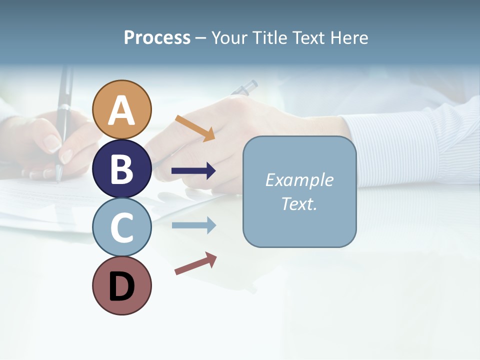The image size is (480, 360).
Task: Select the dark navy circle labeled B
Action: pyautogui.click(x=122, y=168)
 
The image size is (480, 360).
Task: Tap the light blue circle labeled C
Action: pyautogui.click(x=122, y=227)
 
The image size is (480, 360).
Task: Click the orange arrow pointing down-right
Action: pyautogui.click(x=195, y=128)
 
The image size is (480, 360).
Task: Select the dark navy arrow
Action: pyautogui.click(x=193, y=171)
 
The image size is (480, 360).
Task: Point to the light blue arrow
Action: pyautogui.click(x=193, y=225)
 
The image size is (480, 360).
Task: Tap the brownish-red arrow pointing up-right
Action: pyautogui.click(x=195, y=263)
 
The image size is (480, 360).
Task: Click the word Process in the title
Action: pyautogui.click(x=157, y=37)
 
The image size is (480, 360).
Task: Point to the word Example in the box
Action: pyautogui.click(x=299, y=180)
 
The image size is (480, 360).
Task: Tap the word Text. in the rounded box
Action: pyautogui.click(x=299, y=203)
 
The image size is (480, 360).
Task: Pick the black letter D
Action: pyautogui.click(x=122, y=286)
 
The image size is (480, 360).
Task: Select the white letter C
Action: pyautogui.click(x=122, y=227)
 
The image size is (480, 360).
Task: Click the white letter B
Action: pyautogui.click(x=122, y=168)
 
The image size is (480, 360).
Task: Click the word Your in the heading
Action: pyautogui.click(x=229, y=37)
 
